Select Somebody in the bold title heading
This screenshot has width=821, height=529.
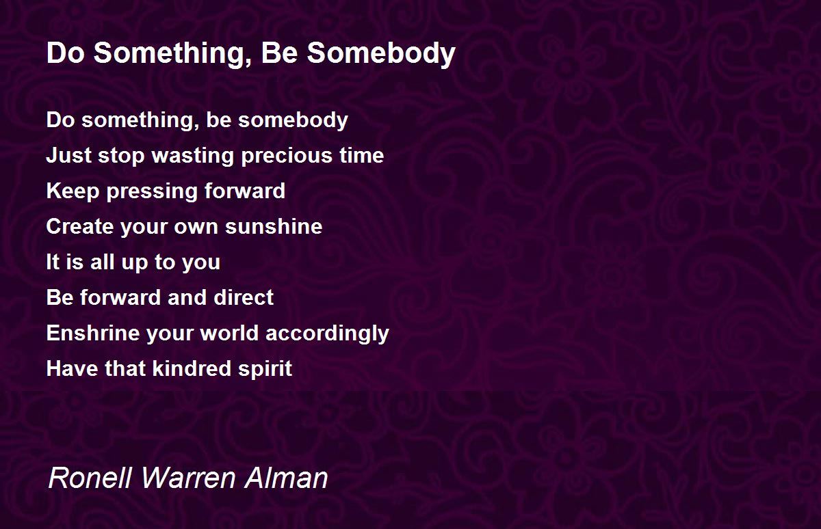click(381, 54)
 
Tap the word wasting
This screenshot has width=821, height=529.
click(193, 156)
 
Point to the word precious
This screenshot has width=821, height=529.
click(287, 157)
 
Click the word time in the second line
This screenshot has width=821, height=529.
click(361, 155)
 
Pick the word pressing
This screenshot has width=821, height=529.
click(152, 191)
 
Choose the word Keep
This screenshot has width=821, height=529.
click(73, 191)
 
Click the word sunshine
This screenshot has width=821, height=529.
click(274, 226)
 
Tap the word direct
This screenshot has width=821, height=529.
click(244, 297)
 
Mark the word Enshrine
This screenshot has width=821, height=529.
click(93, 333)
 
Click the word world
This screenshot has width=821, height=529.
click(229, 333)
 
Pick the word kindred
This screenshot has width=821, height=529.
click(192, 368)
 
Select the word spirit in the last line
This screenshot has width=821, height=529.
click(265, 369)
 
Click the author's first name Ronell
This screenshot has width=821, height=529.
click(90, 477)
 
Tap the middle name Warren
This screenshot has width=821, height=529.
click(187, 477)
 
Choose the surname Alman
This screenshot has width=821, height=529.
click(286, 477)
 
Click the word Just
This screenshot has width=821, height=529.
click(69, 155)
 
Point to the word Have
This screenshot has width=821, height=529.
click(73, 368)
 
